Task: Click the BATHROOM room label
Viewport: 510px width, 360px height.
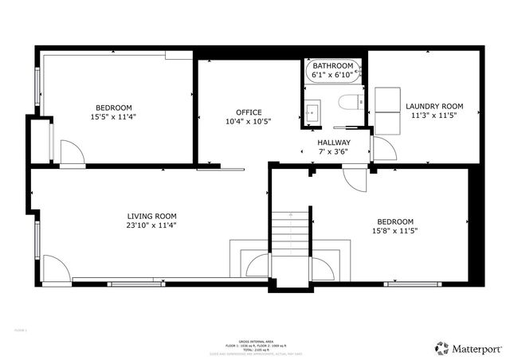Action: tap(332, 65)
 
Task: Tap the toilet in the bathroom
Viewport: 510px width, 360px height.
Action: tap(348, 102)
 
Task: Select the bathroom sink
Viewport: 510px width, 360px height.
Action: tap(312, 111)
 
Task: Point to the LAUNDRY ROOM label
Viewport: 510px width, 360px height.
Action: tap(434, 106)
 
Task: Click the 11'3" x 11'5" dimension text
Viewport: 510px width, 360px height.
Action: tap(434, 115)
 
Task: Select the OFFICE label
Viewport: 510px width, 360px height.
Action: tap(249, 112)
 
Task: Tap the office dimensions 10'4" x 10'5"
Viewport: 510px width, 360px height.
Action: tap(249, 122)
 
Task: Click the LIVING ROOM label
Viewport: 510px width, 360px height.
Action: tap(152, 216)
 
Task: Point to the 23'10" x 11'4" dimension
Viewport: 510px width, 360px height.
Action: tap(152, 225)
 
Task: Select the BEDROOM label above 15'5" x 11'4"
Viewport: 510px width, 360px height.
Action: tap(114, 108)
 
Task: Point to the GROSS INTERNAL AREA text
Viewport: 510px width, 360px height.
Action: tap(254, 336)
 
